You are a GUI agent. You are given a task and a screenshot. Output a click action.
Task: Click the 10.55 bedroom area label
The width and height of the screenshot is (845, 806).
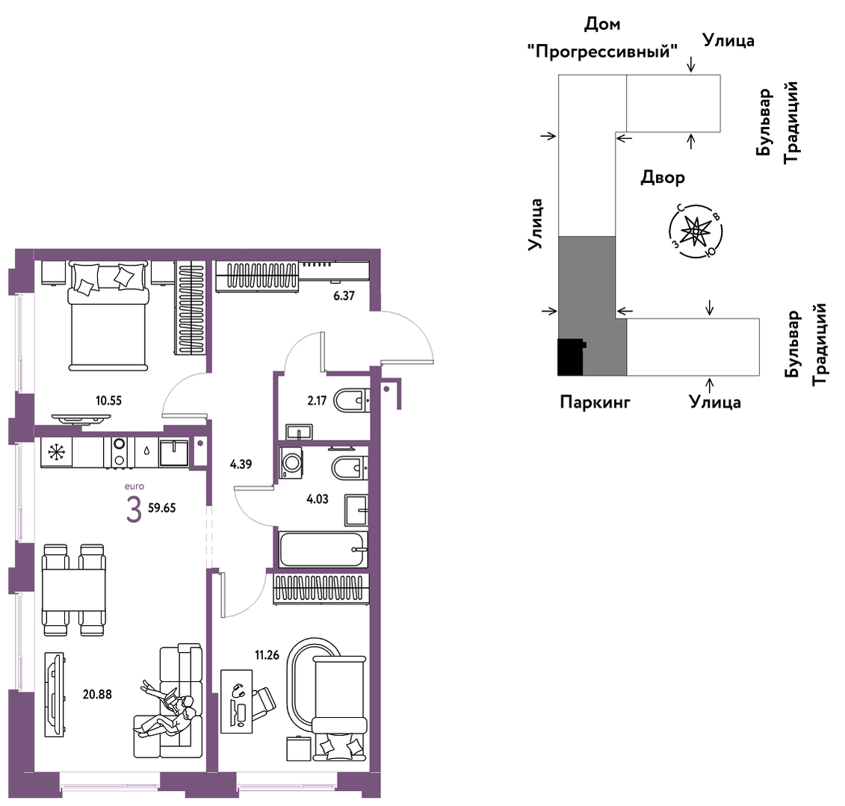108,400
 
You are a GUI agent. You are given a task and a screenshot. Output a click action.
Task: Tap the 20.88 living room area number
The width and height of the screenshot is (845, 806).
97,695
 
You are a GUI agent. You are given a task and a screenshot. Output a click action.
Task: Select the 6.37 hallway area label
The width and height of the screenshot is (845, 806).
344,295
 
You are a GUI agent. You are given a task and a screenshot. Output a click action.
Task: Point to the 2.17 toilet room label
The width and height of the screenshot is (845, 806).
317,400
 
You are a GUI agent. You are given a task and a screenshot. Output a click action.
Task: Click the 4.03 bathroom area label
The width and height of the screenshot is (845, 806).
318,499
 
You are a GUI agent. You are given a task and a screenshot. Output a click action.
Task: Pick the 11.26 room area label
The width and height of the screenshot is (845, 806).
267,655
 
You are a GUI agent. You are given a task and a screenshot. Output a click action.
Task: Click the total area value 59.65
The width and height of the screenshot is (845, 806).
161,507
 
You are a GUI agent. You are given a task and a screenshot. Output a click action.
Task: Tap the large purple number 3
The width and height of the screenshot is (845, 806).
134,509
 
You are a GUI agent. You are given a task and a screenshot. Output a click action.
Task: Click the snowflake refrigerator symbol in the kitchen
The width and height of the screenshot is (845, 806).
56,451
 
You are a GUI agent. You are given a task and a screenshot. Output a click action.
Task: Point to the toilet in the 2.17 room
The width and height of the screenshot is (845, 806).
351,401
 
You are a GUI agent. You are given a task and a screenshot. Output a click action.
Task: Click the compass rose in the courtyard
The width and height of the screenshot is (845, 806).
696,232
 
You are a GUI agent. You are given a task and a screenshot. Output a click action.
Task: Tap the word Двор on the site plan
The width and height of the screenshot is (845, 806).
663,177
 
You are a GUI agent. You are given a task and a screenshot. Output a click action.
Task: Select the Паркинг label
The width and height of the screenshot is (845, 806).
595,402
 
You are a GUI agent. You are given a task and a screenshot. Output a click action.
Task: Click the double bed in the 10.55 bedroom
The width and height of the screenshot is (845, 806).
108,316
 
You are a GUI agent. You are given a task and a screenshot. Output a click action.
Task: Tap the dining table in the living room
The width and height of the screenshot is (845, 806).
74,589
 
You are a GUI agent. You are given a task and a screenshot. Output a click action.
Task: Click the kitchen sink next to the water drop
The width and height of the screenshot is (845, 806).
174,453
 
